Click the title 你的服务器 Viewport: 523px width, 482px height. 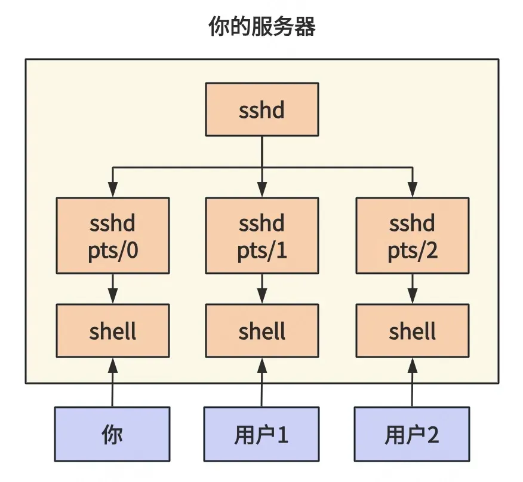coord(262,26)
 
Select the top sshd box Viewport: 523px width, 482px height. coord(262,109)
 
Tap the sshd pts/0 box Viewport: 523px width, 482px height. coord(113,236)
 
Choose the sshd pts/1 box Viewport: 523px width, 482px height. coord(262,236)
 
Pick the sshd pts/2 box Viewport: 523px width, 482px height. coord(413,236)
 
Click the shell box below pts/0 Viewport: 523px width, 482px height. coord(113,331)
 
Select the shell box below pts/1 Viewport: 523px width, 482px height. coord(262,331)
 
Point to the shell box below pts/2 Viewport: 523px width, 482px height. coord(413,331)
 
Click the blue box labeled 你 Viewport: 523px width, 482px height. coord(112,434)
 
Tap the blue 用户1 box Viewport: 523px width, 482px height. coord(261,434)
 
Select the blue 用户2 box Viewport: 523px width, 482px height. coord(412,434)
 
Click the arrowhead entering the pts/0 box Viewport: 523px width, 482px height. coord(113,190)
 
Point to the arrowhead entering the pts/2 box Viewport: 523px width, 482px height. coord(413,190)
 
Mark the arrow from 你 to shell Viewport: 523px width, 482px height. coord(112,382)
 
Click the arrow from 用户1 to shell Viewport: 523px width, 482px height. coord(262,382)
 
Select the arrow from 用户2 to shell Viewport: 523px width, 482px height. coord(413,382)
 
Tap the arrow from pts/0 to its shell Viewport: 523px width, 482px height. coord(113,289)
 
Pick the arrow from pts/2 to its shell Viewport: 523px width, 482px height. coord(413,289)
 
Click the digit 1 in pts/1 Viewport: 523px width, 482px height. coord(281,250)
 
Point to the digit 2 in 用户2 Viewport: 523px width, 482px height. coord(432,435)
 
